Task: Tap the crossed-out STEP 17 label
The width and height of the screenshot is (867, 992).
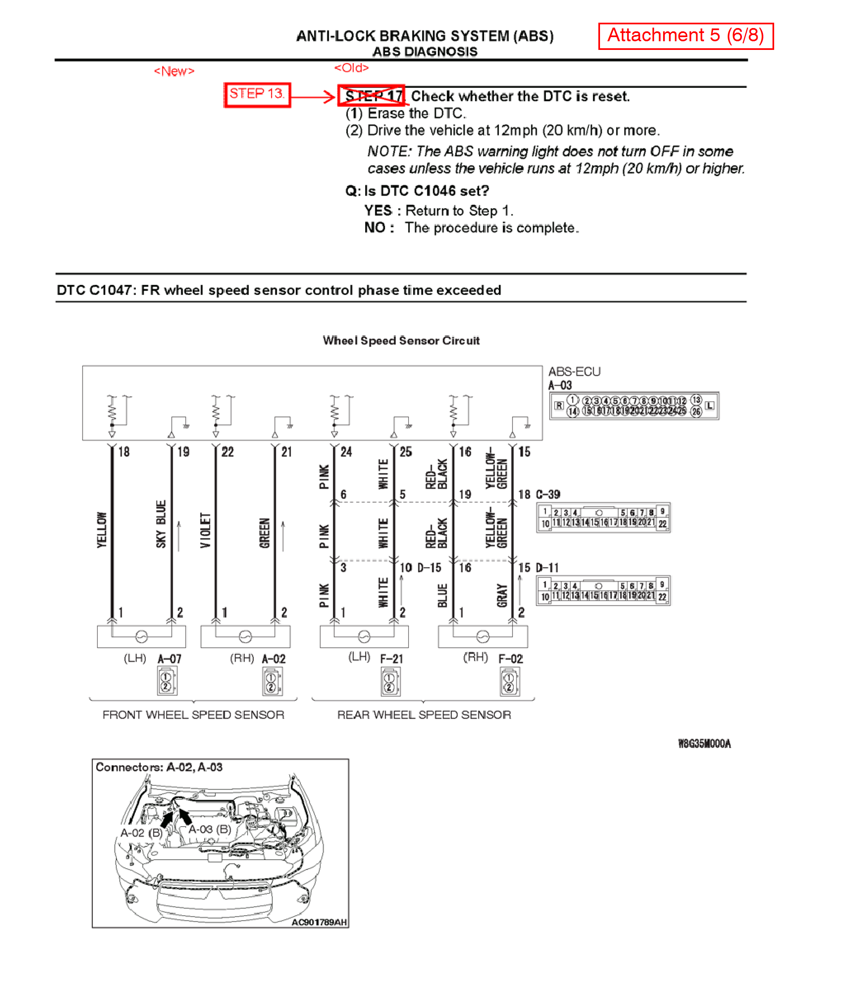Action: (x=371, y=96)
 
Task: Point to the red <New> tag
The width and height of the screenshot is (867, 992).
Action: (x=174, y=71)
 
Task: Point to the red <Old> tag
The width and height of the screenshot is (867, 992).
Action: (x=351, y=68)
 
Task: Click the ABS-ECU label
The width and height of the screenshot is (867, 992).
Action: (x=574, y=372)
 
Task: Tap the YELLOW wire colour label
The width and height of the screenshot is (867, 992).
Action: (x=101, y=530)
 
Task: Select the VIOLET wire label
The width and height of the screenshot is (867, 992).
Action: (x=205, y=530)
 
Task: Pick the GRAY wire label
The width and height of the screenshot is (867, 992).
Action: (x=502, y=595)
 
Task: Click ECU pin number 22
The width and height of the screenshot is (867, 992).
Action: (x=227, y=452)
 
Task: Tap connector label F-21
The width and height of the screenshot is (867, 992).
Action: (x=391, y=659)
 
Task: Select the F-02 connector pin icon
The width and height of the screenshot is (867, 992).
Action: (x=510, y=682)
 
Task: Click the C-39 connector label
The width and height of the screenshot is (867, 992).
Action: (x=548, y=494)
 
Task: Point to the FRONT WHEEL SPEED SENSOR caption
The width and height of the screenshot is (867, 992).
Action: (x=193, y=714)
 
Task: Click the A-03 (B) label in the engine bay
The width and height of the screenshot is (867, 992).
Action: (x=210, y=829)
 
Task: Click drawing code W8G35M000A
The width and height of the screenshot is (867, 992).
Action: (x=704, y=743)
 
